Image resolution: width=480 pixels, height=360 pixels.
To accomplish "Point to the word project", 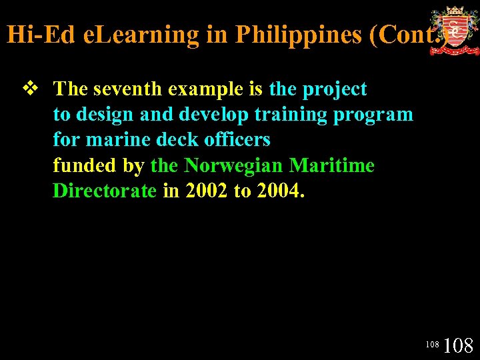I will click(335, 89).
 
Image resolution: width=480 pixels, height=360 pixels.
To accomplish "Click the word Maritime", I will click(332, 165).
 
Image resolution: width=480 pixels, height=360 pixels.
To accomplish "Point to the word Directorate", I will click(105, 191).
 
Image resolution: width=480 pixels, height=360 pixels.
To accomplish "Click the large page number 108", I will click(458, 345).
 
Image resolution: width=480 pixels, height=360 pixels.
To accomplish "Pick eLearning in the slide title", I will click(142, 34).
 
